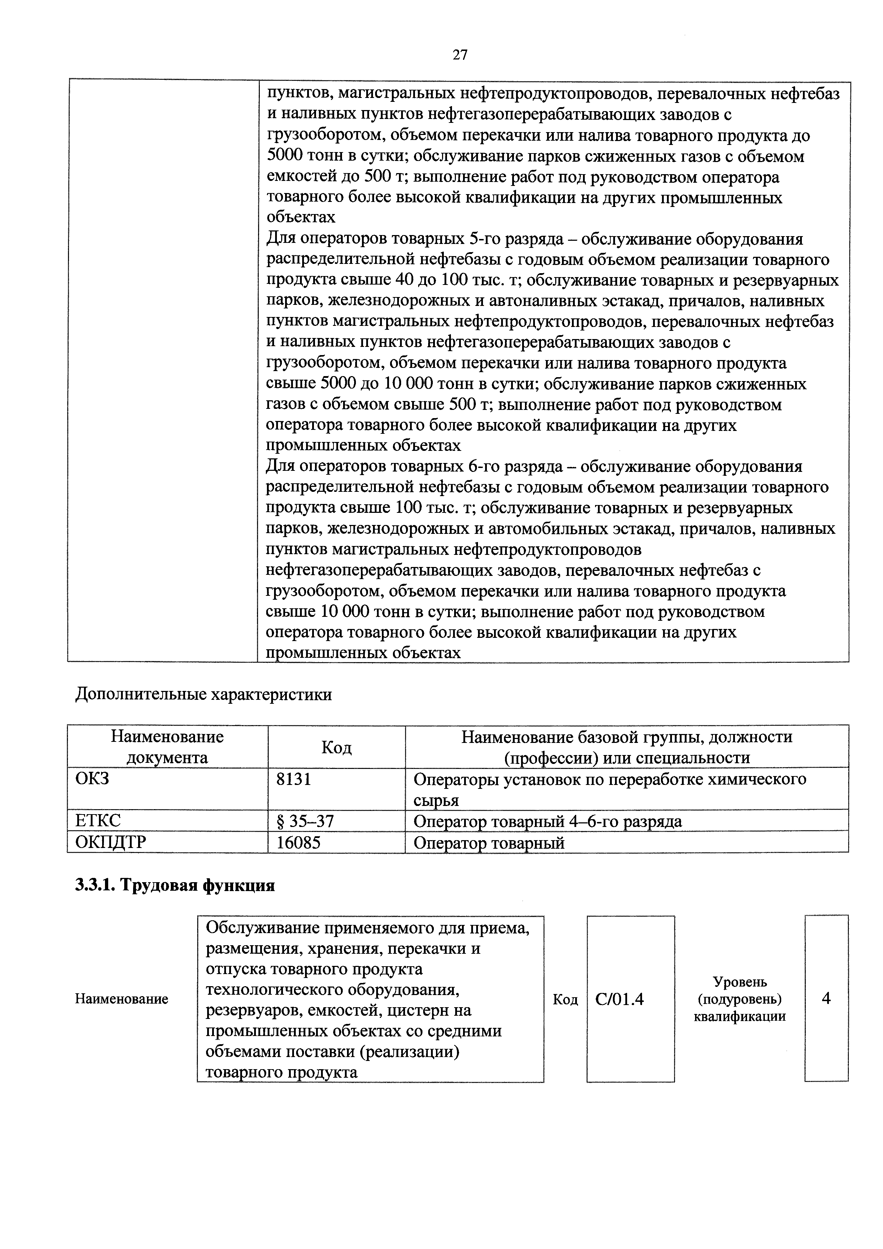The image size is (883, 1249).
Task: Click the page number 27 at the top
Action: tap(459, 55)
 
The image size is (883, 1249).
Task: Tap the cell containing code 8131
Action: tap(294, 780)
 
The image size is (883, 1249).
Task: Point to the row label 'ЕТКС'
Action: tap(98, 821)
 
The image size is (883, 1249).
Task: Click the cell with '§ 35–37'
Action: tap(305, 821)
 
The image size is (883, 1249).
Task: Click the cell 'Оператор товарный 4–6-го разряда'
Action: tap(547, 821)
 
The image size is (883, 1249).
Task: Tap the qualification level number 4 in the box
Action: tap(826, 998)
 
